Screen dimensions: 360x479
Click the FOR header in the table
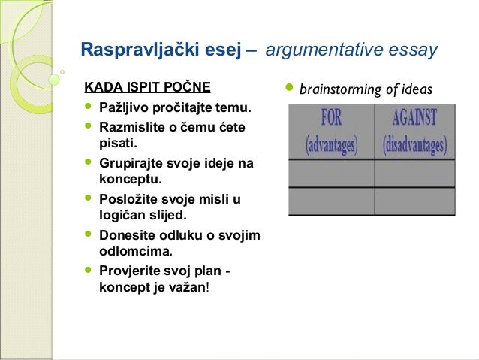tap(331, 119)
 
